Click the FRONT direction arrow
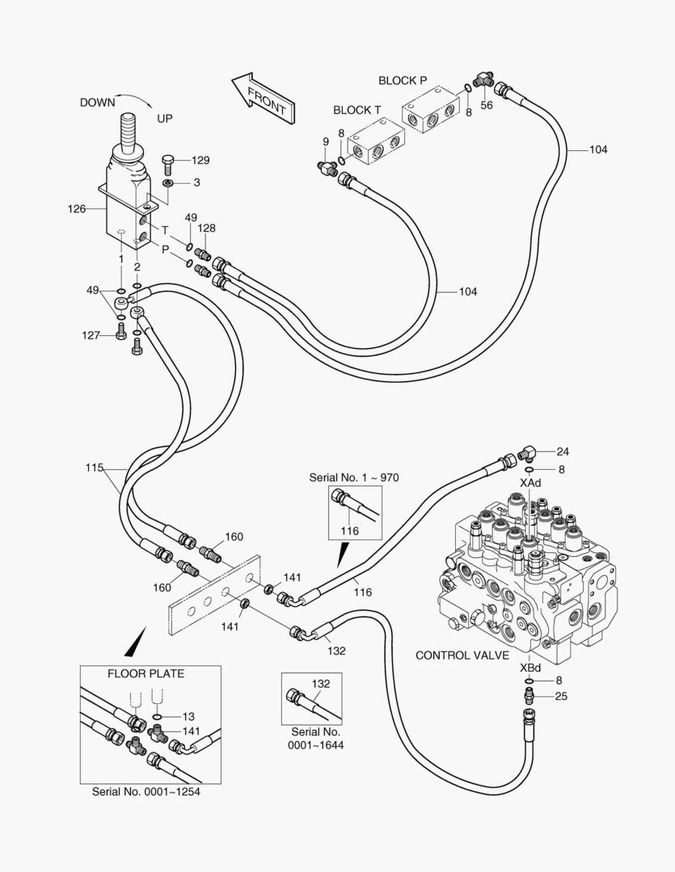pos(262,98)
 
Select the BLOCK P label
pos(403,81)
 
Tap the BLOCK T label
pos(356,110)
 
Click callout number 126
pos(76,208)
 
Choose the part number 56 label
pos(487,105)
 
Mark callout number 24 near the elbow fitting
pos(563,451)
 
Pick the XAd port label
pos(530,482)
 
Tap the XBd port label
pos(530,667)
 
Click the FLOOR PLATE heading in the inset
pos(146,673)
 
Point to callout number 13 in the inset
pos(188,716)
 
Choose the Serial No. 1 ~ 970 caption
pos(354,477)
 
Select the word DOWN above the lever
pos(97,103)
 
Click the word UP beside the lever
pos(164,119)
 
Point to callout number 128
pos(207,228)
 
